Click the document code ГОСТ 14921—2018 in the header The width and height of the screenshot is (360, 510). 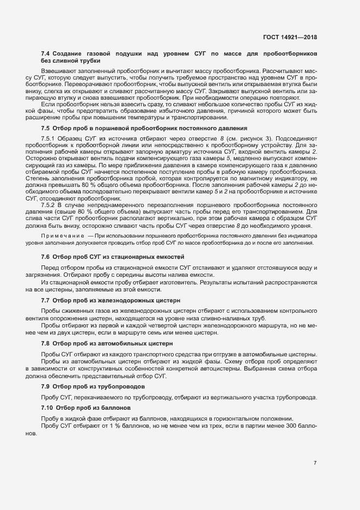(289, 38)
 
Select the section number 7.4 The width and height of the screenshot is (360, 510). (45, 54)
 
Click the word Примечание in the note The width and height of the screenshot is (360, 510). (59, 235)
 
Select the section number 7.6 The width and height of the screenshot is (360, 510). (45, 256)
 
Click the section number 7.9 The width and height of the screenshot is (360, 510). (45, 386)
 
